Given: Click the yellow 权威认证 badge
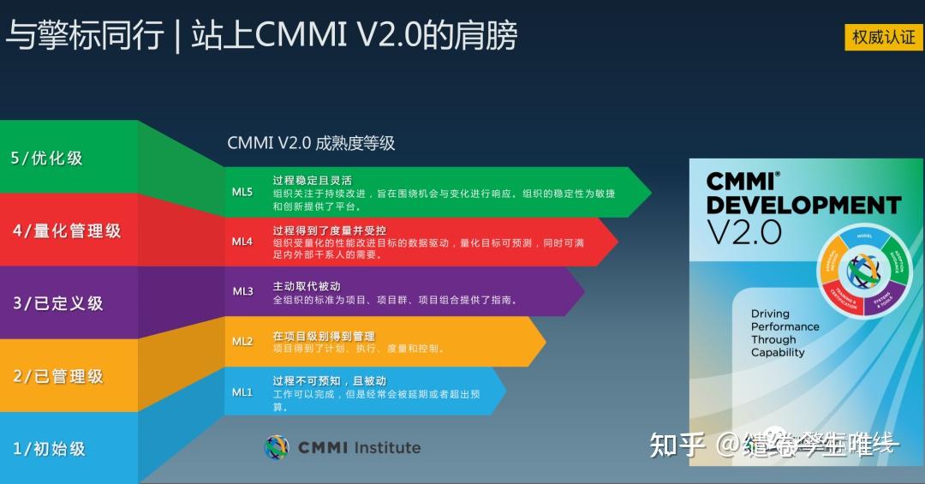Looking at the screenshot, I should pyautogui.click(x=883, y=37).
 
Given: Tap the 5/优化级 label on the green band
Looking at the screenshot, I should pyautogui.click(x=47, y=158).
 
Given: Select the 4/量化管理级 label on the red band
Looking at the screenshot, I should pyautogui.click(x=67, y=230).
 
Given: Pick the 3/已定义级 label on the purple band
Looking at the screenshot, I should pyautogui.click(x=57, y=303).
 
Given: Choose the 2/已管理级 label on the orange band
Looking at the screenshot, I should pyautogui.click(x=57, y=376).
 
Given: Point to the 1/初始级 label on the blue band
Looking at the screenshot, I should pyautogui.click(x=49, y=448).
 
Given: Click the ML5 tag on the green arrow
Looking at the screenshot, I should pyautogui.click(x=242, y=192).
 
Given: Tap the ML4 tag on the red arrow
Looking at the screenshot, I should pyautogui.click(x=242, y=242).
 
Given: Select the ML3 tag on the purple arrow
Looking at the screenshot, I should pyautogui.click(x=242, y=291).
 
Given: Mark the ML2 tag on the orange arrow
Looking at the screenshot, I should pyautogui.click(x=242, y=341).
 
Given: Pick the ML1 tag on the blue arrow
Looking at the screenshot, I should pyautogui.click(x=242, y=391).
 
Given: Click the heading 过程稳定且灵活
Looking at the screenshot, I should pyautogui.click(x=307, y=180).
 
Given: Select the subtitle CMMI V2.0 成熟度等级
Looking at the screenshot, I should pyautogui.click(x=311, y=143).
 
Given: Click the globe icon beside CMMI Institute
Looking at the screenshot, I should pyautogui.click(x=277, y=447).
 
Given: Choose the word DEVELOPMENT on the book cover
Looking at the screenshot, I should pyautogui.click(x=803, y=206).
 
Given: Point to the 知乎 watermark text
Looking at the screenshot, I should pyautogui.click(x=677, y=445).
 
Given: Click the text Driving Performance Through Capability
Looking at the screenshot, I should pyautogui.click(x=785, y=333).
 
